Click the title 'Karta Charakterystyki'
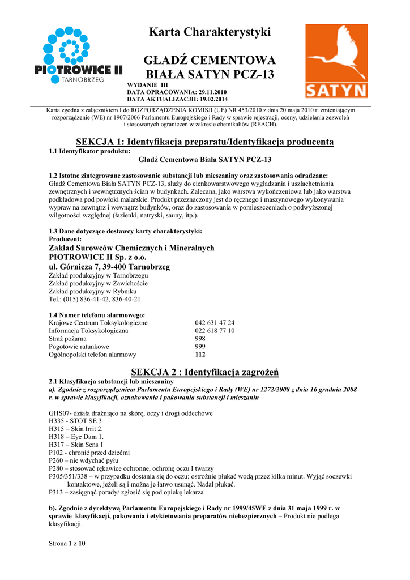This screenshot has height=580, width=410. pyautogui.click(x=210, y=32)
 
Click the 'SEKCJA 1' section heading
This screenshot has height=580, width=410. pyautogui.click(x=204, y=142)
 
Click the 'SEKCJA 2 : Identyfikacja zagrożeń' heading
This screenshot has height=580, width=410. pyautogui.click(x=204, y=372)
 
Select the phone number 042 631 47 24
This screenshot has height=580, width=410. pyautogui.click(x=215, y=323)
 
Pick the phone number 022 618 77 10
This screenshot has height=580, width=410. pyautogui.click(x=215, y=331)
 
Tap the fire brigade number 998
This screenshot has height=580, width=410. pyautogui.click(x=200, y=339)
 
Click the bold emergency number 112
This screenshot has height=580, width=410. pyautogui.click(x=200, y=355)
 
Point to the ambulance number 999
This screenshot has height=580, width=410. pyautogui.click(x=200, y=347)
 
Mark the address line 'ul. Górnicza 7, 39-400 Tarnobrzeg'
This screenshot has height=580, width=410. pyautogui.click(x=109, y=267)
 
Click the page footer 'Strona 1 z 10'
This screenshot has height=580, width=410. pyautogui.click(x=67, y=544)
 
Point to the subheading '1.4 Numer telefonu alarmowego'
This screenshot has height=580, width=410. pyautogui.click(x=97, y=315)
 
